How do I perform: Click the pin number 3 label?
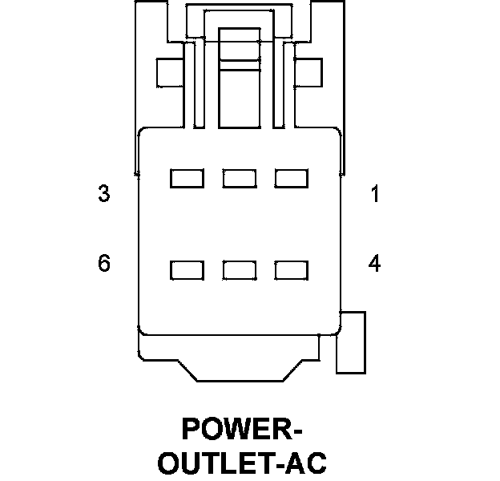coord(104,194)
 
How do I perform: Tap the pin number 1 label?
coord(374,194)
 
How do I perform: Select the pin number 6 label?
coord(104,263)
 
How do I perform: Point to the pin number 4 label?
coord(374,263)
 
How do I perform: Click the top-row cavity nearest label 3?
coord(187,178)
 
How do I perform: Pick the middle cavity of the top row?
coord(239,178)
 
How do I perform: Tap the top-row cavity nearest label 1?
coord(291,178)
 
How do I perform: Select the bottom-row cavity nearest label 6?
coord(187,270)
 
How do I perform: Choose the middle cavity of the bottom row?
coord(239,270)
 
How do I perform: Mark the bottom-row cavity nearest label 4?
coord(291,270)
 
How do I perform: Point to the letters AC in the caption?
coord(307,463)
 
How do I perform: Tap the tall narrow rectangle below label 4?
coord(351,342)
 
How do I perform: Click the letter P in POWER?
coord(192,430)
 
